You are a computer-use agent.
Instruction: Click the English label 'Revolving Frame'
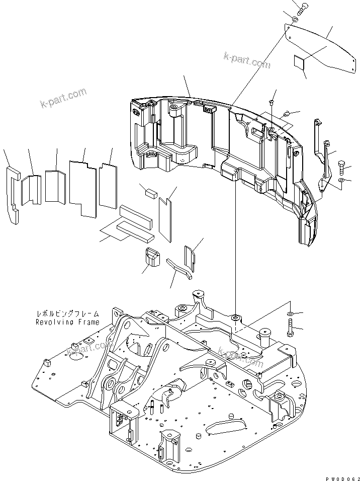pos(67,322)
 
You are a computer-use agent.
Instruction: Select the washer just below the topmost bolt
pos(295,20)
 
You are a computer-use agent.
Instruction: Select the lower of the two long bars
pos(134,231)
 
